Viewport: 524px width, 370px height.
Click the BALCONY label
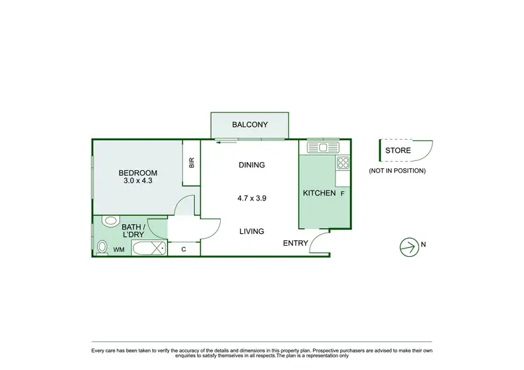point(249,125)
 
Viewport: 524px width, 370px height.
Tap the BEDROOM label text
point(138,173)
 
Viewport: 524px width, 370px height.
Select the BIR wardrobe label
point(191,162)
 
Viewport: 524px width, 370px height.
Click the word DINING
point(252,165)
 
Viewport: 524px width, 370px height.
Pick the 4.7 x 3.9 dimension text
point(252,198)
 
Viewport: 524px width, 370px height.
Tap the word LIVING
point(252,231)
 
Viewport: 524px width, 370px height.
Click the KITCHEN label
point(319,193)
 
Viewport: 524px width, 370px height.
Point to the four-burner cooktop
point(343,163)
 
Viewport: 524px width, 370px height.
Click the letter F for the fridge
point(342,193)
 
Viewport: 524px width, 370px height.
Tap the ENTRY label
point(296,243)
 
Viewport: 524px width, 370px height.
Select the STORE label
point(398,150)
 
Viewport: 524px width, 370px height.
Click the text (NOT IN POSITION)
point(397,170)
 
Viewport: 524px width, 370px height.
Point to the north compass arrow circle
point(407,245)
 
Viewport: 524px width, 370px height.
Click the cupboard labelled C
point(184,249)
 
